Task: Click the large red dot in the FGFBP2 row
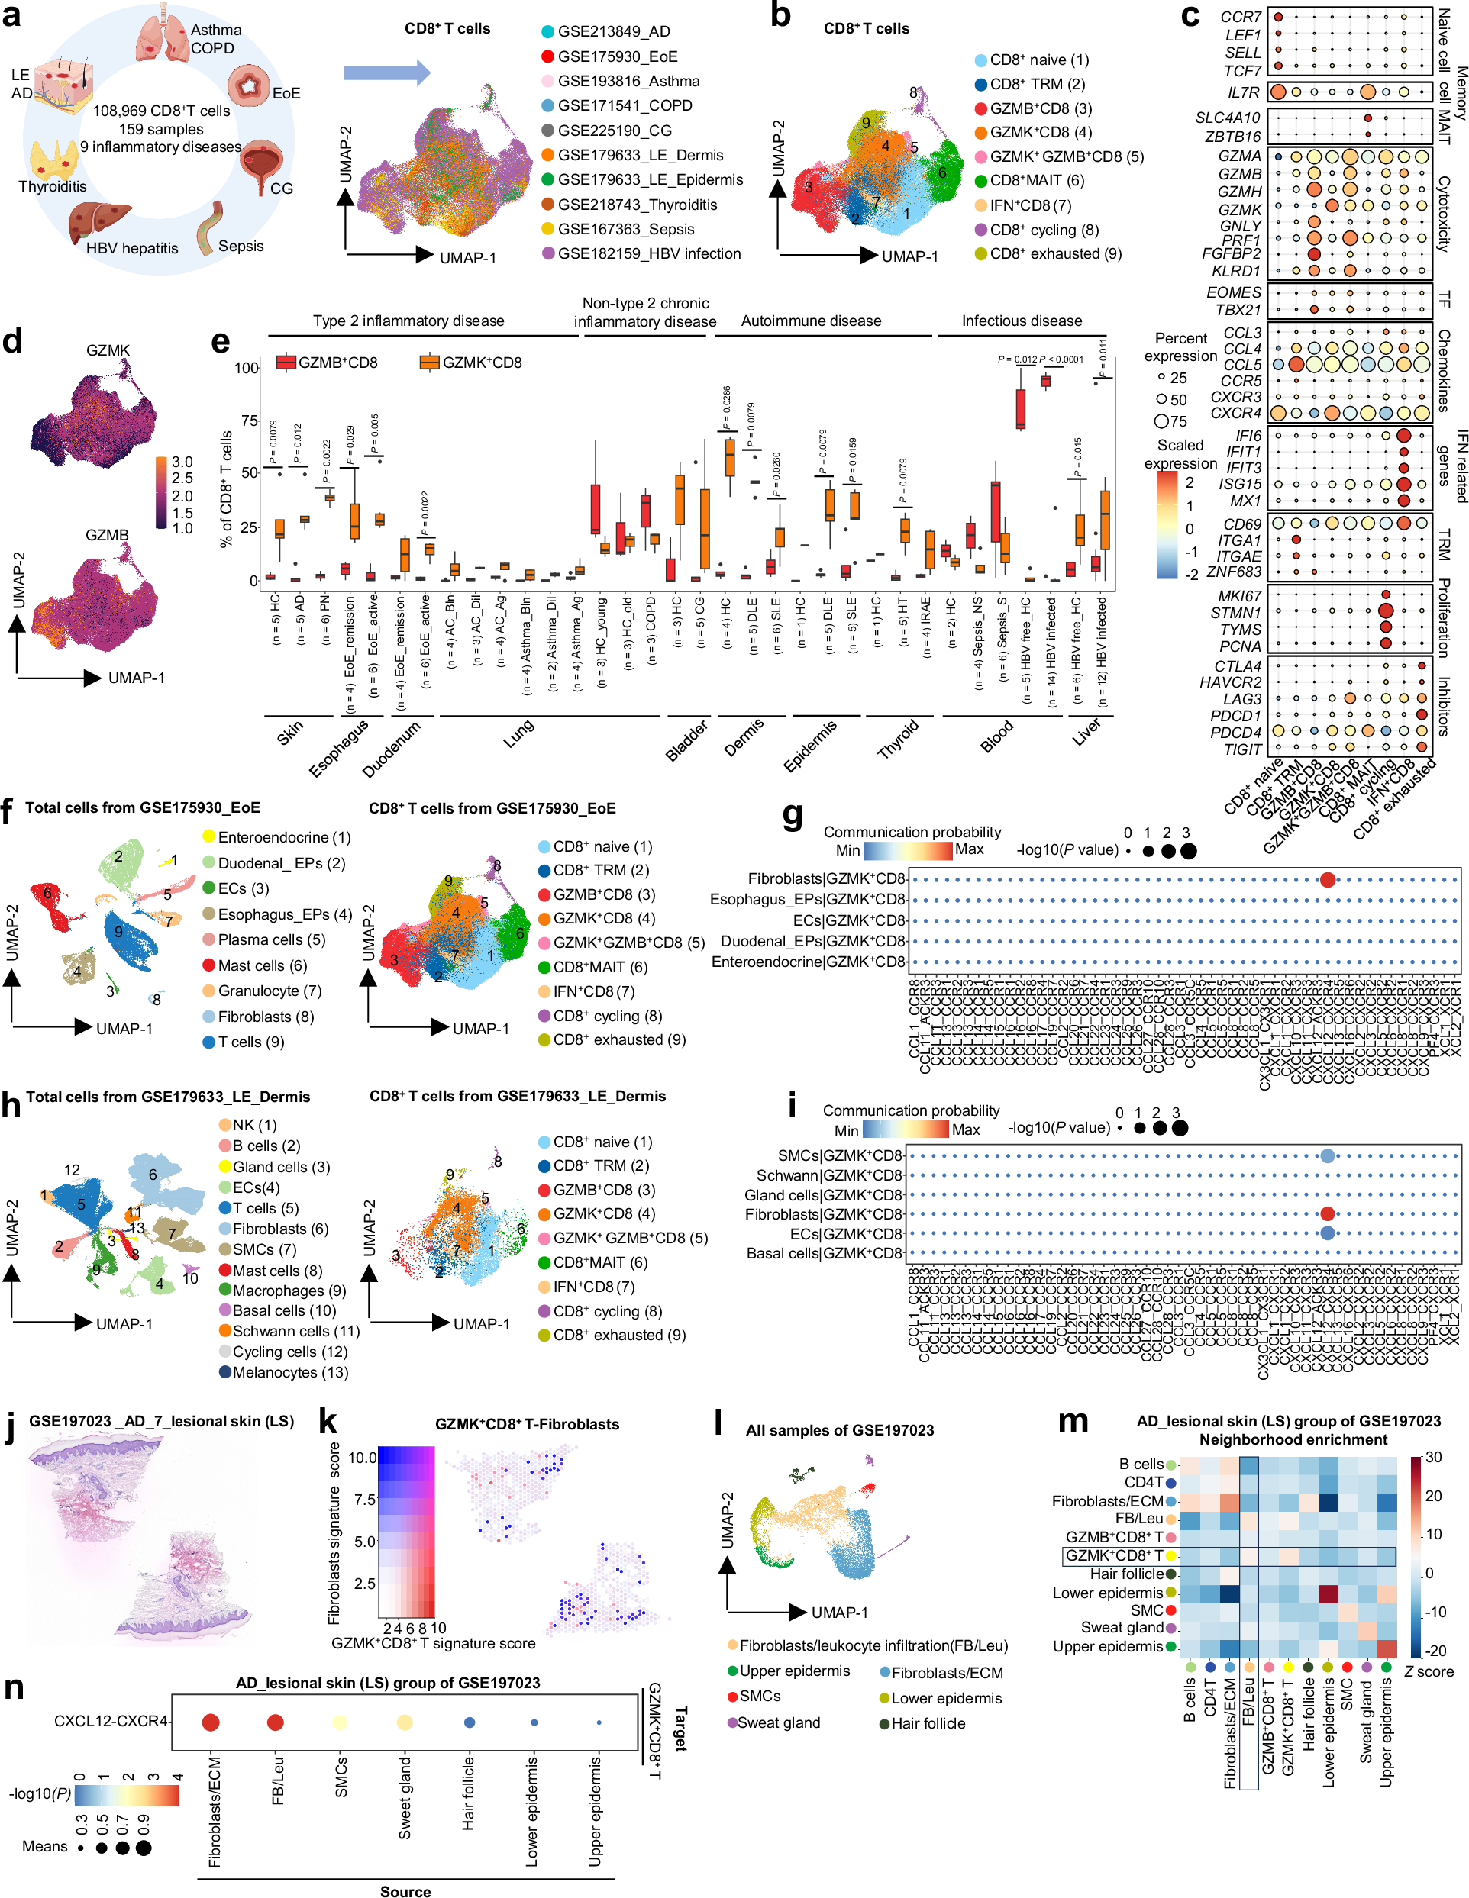1313,255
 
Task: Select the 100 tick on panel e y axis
246,368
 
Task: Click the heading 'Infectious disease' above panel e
1022,321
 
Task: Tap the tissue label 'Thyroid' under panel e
898,740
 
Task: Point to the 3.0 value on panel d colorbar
182,462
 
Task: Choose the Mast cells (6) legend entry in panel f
261,965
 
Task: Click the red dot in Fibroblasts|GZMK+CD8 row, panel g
1326,879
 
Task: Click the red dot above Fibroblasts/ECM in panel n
211,1722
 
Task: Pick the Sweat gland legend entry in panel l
777,1722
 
